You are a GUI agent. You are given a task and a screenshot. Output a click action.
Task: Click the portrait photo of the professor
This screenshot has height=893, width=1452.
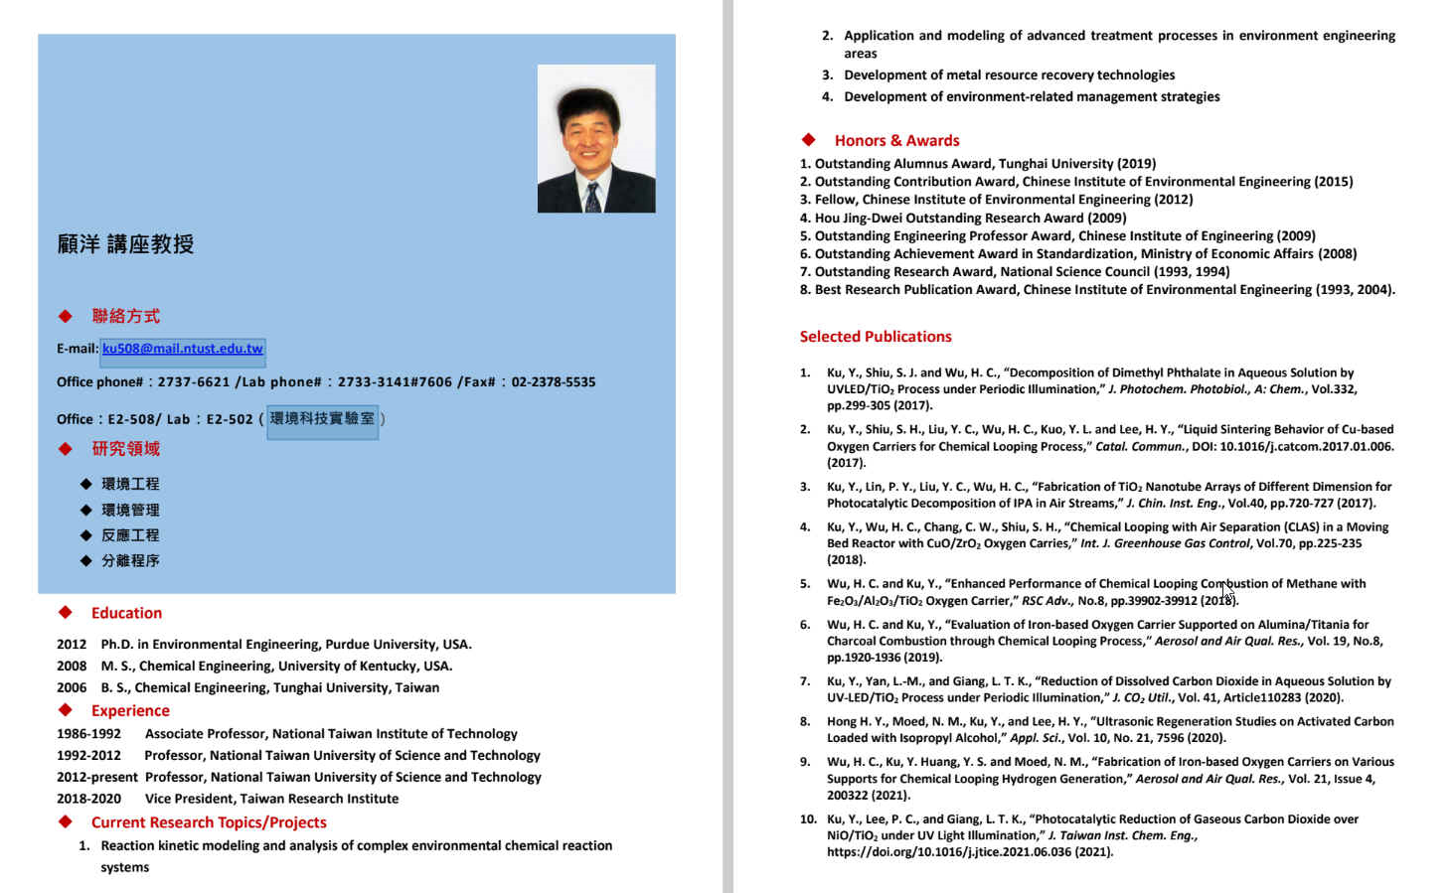point(595,138)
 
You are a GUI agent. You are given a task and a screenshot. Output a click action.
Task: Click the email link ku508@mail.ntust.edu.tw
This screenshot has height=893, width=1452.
point(182,349)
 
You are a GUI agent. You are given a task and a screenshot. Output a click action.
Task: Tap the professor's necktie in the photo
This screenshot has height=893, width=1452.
point(592,198)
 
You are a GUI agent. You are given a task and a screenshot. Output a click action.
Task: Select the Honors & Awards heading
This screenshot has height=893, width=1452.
point(896,141)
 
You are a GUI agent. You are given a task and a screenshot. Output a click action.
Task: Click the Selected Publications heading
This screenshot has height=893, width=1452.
point(876,337)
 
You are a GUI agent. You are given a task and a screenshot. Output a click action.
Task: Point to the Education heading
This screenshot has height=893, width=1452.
point(126,614)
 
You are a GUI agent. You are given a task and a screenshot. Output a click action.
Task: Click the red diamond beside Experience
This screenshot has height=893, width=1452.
point(66,710)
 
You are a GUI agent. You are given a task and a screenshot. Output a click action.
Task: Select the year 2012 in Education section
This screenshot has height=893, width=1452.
point(72,645)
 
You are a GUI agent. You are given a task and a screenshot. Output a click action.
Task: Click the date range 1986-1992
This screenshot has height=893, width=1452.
point(88,734)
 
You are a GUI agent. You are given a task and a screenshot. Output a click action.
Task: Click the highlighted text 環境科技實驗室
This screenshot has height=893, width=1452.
point(322,419)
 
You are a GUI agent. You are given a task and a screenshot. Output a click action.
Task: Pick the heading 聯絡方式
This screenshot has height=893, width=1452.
point(125,316)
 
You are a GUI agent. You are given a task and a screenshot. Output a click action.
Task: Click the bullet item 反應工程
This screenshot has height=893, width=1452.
point(130,535)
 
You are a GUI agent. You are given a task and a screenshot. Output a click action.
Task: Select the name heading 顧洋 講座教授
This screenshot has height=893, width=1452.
point(125,244)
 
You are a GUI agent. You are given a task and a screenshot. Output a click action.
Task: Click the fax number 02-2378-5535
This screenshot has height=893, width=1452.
point(554,382)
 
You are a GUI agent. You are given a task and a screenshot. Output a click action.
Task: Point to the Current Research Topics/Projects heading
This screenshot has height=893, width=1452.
point(209,822)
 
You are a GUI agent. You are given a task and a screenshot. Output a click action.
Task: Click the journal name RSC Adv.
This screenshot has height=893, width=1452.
point(1044,601)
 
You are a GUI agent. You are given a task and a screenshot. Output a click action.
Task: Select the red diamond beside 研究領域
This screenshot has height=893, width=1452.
point(66,449)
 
